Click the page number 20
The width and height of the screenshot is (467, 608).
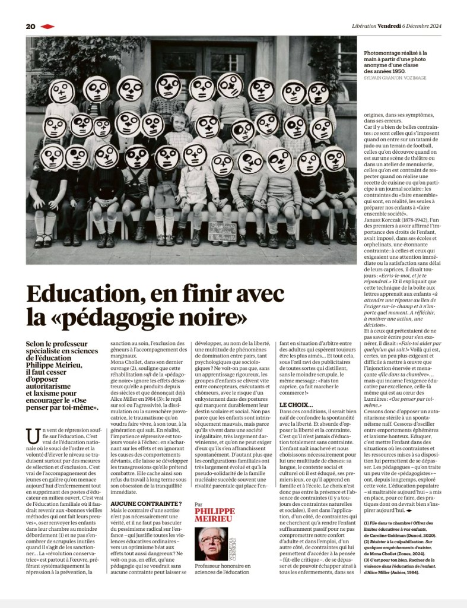pos(31,26)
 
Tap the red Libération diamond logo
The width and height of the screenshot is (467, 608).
pos(47,26)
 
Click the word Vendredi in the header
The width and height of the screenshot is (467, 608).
pos(390,26)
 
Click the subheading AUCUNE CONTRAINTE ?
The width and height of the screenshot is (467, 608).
pos(138,503)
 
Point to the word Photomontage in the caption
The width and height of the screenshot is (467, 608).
pos(384,52)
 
